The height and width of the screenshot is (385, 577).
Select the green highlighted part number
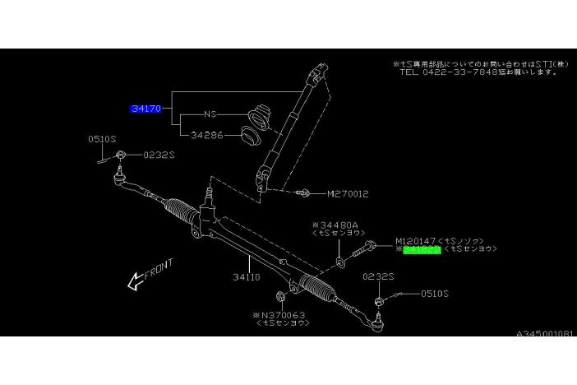tap(422, 248)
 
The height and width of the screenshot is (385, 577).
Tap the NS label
tap(210, 114)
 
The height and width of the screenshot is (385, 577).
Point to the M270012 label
tap(348, 194)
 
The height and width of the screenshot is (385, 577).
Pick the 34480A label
tap(332, 224)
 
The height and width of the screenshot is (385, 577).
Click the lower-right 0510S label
tap(436, 292)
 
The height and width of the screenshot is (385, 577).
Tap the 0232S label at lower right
tap(379, 277)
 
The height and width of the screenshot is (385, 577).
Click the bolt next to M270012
tap(303, 193)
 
